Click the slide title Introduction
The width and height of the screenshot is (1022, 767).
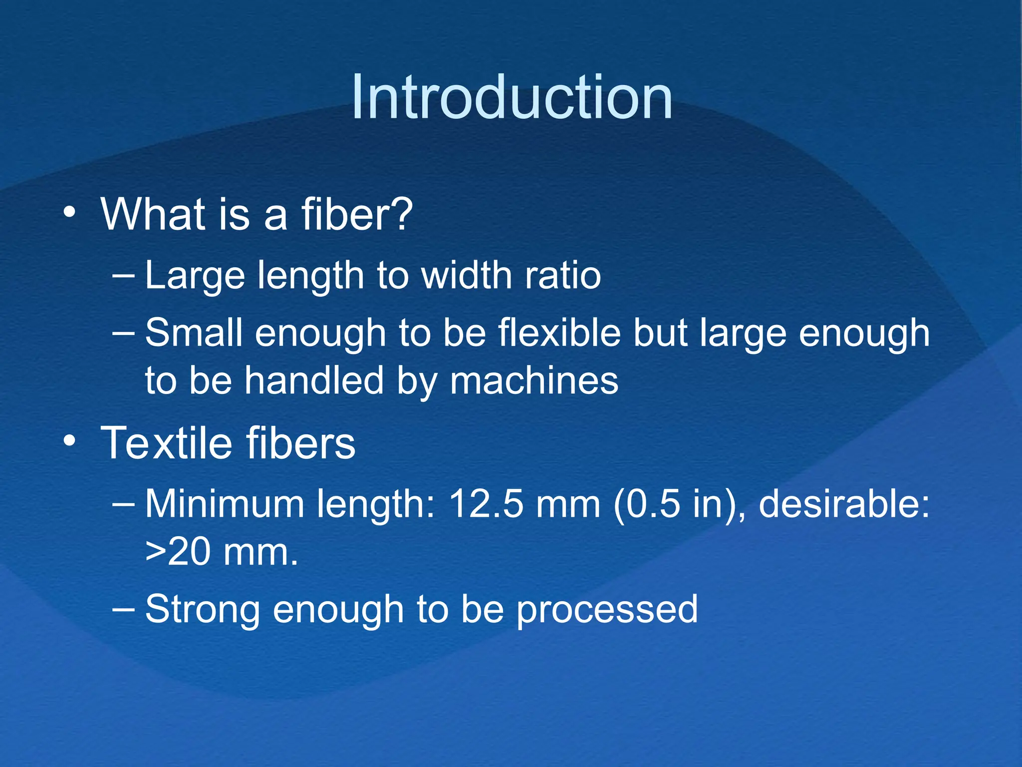511,97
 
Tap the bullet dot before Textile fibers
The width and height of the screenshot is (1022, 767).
69,441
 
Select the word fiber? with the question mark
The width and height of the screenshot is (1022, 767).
357,215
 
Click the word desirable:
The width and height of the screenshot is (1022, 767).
844,504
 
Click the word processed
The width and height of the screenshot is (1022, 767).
607,610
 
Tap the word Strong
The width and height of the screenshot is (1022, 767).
202,610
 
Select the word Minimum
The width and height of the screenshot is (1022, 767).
225,504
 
